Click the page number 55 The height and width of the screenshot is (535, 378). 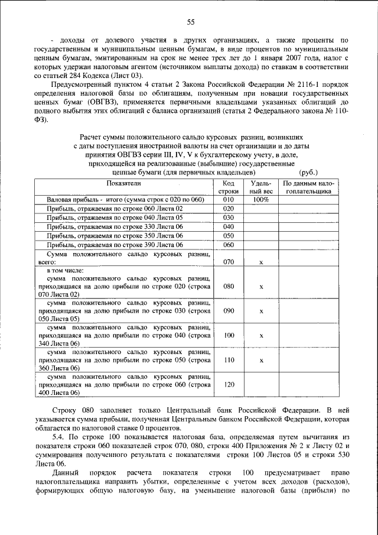tap(191, 22)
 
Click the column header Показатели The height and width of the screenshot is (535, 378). tap(123, 183)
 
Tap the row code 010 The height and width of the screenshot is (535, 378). tap(229, 200)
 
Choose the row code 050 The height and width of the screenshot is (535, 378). tap(229, 235)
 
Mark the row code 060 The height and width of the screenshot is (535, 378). tap(229, 244)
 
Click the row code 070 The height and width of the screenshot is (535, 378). tap(229, 261)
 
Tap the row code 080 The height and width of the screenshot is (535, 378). tap(229, 286)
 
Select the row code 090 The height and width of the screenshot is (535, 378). tap(229, 310)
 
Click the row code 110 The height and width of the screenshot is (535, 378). tap(229, 359)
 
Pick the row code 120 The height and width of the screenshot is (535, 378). tap(229, 384)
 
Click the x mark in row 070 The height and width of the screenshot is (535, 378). tap(260, 261)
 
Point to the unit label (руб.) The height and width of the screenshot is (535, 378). tap(309, 173)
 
